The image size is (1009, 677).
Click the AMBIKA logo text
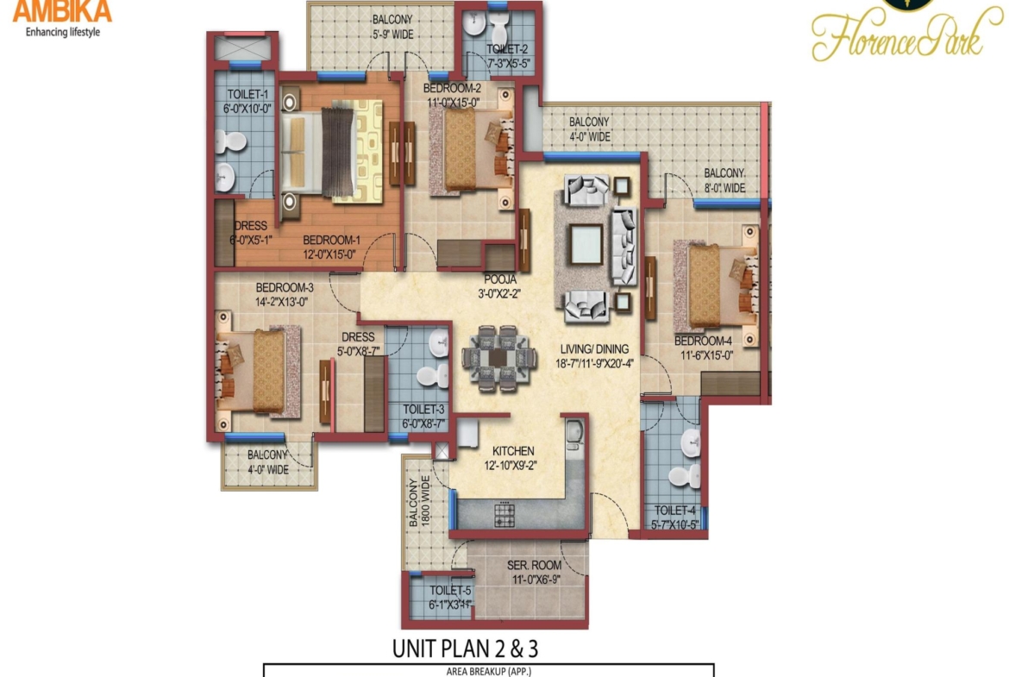[x=62, y=11]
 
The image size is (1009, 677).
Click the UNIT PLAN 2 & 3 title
[x=471, y=647]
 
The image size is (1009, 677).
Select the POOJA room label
[x=499, y=279]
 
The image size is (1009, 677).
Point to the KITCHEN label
[x=513, y=451]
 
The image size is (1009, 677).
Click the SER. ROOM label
[x=535, y=566]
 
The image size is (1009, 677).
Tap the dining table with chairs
[x=496, y=357]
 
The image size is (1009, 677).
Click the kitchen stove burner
[x=504, y=515]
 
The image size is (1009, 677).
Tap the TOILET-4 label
[x=674, y=511]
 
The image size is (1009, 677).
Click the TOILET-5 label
[x=450, y=591]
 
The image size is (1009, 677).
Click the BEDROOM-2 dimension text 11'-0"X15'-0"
[x=454, y=102]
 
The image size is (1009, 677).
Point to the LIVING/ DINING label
[x=592, y=348]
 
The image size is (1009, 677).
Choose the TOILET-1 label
[x=248, y=94]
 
